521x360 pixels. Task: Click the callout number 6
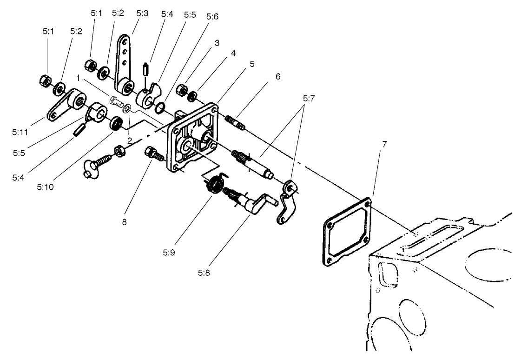(278, 77)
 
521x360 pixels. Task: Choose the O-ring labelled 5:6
(159, 108)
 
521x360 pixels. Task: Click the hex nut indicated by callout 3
(182, 88)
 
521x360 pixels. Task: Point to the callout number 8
(124, 222)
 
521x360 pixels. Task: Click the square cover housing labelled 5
(193, 140)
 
